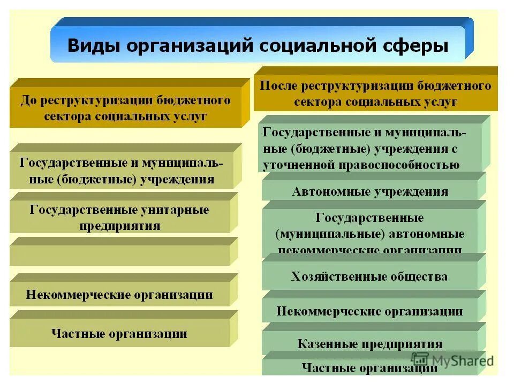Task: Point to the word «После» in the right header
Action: point(278,86)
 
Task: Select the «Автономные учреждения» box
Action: point(369,191)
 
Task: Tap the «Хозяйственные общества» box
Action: point(369,276)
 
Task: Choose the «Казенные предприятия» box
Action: point(369,344)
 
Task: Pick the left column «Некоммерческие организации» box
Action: point(119,295)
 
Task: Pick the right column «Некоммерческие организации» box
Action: point(369,311)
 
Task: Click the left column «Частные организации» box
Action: point(119,334)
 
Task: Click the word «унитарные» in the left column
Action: point(173,210)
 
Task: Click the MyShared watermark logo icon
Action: point(421,360)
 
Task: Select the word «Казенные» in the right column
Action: point(323,344)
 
